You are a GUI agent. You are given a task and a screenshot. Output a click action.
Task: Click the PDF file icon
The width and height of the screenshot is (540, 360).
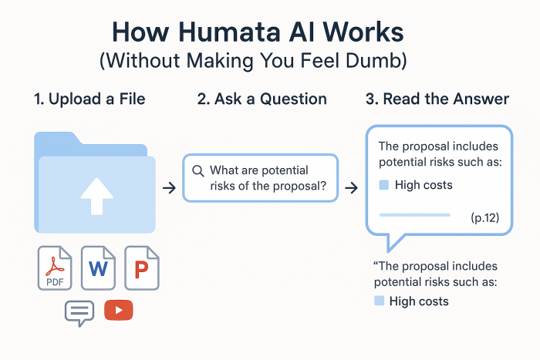click(55, 267)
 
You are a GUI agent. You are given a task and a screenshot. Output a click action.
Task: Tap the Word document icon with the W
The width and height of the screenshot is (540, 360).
click(98, 267)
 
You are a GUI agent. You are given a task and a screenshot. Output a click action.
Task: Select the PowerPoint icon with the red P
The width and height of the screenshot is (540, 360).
click(141, 267)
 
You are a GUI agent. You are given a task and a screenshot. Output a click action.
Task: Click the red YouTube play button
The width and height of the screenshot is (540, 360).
click(119, 310)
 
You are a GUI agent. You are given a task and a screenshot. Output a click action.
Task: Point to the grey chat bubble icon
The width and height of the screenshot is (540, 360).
click(79, 311)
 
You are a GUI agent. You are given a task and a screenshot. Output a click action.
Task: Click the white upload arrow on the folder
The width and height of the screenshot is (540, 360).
click(96, 196)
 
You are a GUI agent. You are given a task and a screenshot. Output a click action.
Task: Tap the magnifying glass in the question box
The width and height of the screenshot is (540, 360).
click(198, 170)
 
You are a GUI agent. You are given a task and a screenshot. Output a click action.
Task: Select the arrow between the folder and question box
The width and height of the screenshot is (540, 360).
click(169, 188)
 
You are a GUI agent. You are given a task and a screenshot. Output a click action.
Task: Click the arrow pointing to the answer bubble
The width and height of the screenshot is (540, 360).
click(351, 188)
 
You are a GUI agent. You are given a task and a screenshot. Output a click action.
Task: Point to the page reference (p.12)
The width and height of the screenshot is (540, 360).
click(485, 217)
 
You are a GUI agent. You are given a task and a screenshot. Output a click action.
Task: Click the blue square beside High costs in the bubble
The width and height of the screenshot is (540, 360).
click(384, 185)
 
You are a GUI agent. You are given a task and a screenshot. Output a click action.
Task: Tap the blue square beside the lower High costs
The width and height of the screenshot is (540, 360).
click(380, 301)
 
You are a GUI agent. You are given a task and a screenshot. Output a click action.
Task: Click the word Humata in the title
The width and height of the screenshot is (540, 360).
click(229, 32)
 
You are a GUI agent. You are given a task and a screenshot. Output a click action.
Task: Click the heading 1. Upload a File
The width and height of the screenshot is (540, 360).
click(89, 99)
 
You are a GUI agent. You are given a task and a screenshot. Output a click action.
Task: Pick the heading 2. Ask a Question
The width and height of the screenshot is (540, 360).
click(262, 99)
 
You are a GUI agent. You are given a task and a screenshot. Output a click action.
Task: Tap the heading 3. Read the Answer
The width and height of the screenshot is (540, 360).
click(437, 99)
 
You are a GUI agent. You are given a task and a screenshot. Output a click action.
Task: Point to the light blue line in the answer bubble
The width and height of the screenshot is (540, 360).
click(415, 215)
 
